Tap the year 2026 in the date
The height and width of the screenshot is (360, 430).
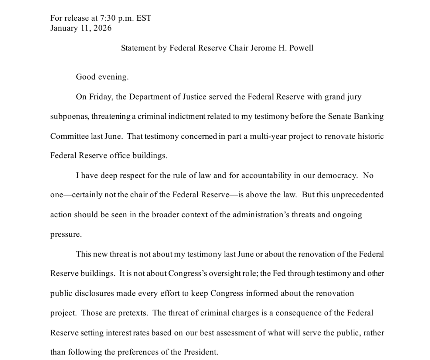103,28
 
